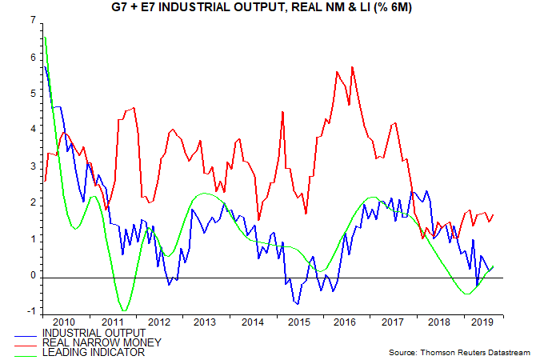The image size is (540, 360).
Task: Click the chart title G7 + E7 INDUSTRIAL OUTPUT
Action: [270, 8]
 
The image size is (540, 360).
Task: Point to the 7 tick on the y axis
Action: [32, 21]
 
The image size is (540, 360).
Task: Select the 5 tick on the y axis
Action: [32, 94]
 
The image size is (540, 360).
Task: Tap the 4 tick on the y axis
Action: [32, 130]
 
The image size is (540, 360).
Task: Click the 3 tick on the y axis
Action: [32, 167]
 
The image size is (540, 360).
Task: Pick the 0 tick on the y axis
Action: [32, 276]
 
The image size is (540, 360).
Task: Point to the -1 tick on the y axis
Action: [30, 312]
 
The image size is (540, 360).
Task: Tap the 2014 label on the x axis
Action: [251, 321]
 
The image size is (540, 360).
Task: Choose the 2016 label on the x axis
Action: [346, 321]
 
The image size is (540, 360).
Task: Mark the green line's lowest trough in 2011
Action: [123, 310]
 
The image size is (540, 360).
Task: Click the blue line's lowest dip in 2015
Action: [298, 304]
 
